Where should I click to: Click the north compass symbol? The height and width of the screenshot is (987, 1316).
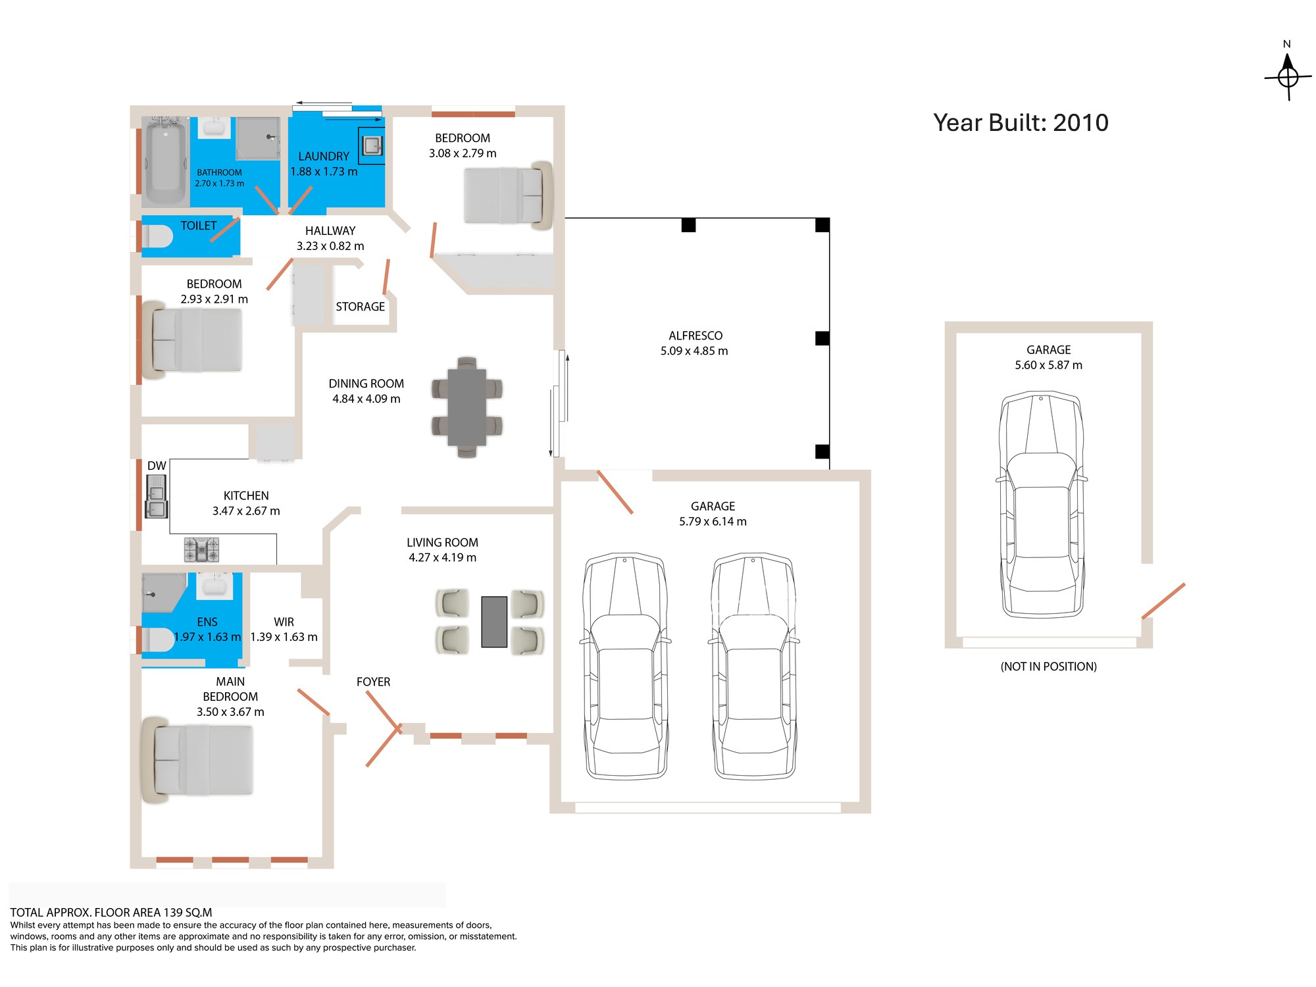pos(1288,77)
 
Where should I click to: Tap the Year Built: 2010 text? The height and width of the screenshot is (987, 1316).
pos(1021,122)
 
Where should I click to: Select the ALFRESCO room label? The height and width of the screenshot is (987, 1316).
pos(696,336)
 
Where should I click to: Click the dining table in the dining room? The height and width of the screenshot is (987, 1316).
pos(467,407)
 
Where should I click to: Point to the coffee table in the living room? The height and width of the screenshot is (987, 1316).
pos(494,622)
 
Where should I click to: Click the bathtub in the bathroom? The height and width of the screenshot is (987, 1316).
pos(165,161)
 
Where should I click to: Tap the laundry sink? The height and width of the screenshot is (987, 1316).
pos(372,145)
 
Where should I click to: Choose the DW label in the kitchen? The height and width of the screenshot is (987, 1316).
pos(157,466)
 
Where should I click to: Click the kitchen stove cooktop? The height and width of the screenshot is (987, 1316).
pos(201,549)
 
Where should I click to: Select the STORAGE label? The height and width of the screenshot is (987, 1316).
pos(360,307)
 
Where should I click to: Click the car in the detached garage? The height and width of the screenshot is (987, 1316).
pos(1041,505)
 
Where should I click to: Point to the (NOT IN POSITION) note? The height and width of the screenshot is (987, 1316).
pos(1048,667)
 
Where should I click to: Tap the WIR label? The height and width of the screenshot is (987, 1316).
pos(284,622)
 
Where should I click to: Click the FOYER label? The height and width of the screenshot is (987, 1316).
pos(373,682)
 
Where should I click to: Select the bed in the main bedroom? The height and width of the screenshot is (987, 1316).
pos(197,760)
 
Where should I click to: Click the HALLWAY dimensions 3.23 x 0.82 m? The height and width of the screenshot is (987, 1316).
pos(330,246)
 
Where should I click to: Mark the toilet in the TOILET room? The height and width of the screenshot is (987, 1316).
pos(158,236)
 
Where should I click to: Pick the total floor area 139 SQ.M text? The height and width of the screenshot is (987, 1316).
pos(111,913)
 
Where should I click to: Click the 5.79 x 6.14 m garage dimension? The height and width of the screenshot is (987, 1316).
pos(713,522)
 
